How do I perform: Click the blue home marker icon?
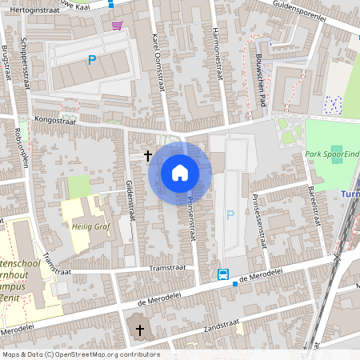point(180,172)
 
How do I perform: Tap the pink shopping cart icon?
point(118,26)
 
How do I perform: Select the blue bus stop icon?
point(222,274)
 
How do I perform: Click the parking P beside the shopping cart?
point(92,59)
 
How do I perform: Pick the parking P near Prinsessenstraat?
point(230,214)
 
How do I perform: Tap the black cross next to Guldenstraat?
point(147,155)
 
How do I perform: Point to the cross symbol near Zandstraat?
point(140,330)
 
